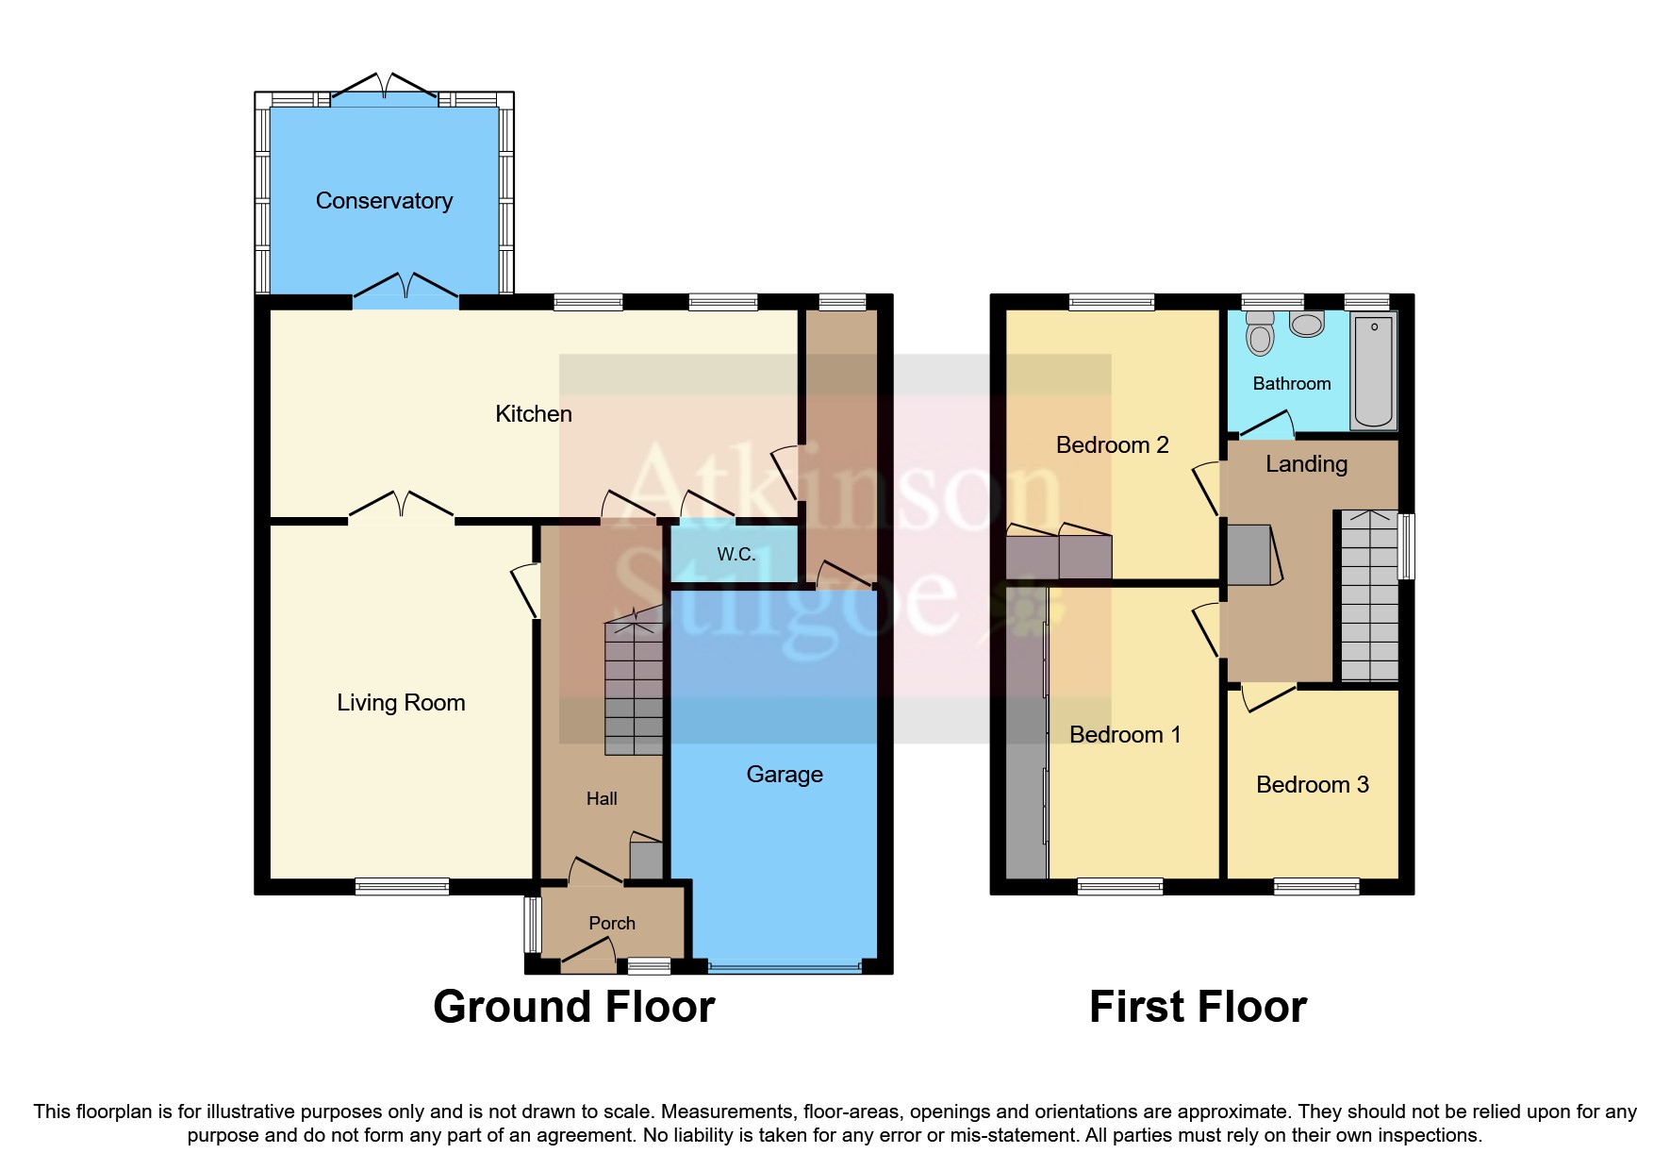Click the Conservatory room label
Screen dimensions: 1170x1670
384,201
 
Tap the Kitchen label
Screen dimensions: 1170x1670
534,413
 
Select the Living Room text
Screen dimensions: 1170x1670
401,703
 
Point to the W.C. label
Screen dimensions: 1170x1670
736,554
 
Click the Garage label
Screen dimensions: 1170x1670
785,775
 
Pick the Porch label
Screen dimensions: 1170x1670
611,924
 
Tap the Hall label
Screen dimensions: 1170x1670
602,799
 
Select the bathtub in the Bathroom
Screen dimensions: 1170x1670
1374,372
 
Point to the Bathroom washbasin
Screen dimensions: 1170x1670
1307,325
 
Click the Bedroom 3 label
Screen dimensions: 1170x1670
1312,785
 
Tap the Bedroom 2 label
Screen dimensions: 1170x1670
1112,445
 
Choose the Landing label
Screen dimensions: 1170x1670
1306,464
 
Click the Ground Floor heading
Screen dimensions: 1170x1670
573,1007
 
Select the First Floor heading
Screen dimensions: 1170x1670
1198,1007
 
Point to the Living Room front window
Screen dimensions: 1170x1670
403,886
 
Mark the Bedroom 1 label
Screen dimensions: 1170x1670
1124,735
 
